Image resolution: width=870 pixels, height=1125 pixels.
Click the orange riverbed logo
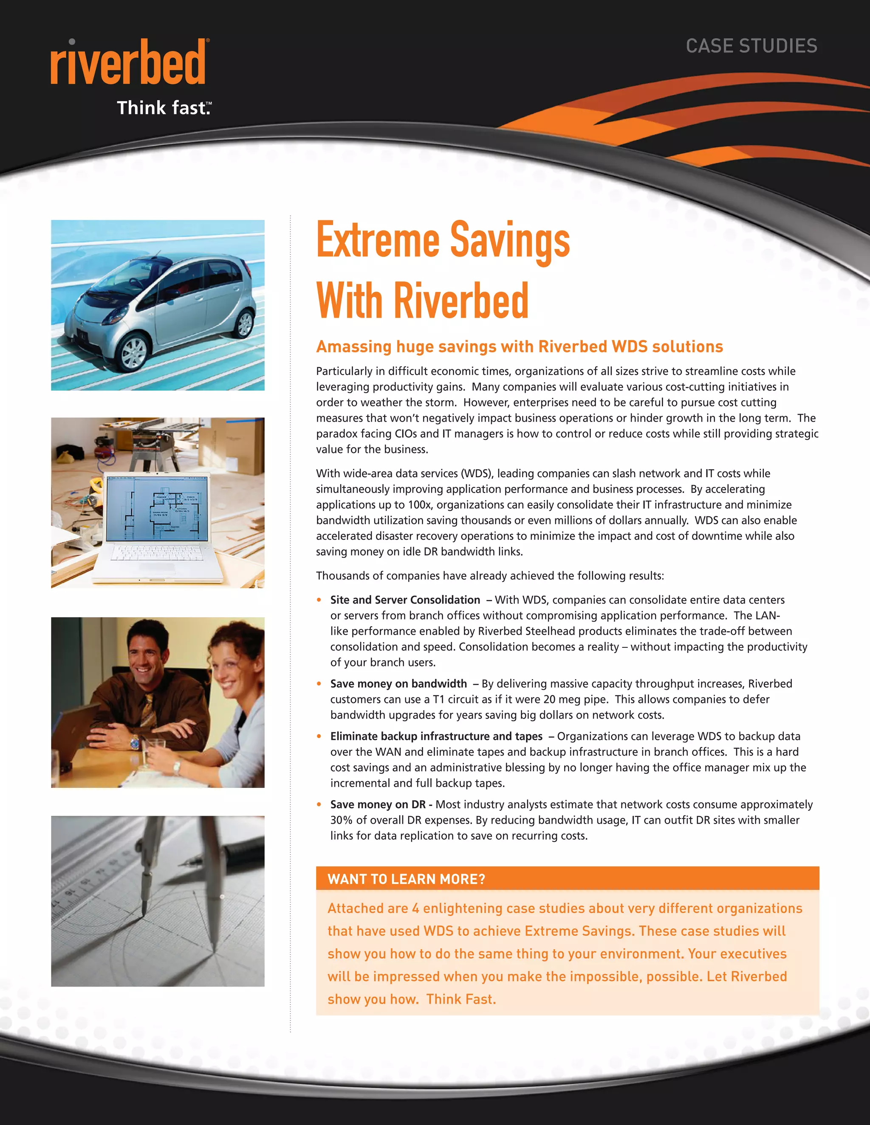tap(128, 62)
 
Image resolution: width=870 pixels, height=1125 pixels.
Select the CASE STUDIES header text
tap(751, 46)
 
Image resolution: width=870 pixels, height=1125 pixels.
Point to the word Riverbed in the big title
tap(461, 301)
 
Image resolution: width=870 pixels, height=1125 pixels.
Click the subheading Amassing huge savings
tap(519, 347)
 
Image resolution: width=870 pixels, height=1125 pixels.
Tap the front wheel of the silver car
tap(133, 352)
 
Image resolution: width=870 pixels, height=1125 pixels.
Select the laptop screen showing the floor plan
tap(157, 509)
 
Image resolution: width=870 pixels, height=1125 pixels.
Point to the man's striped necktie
tap(148, 710)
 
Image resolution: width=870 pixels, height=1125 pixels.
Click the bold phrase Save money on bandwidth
tap(398, 684)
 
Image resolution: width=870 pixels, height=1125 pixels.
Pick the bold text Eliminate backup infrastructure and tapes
tap(436, 737)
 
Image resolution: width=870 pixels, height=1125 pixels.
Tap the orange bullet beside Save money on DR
tap(319, 804)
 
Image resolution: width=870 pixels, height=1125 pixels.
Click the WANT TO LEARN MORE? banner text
tap(406, 879)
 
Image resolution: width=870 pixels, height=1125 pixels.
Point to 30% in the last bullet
tap(341, 820)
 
